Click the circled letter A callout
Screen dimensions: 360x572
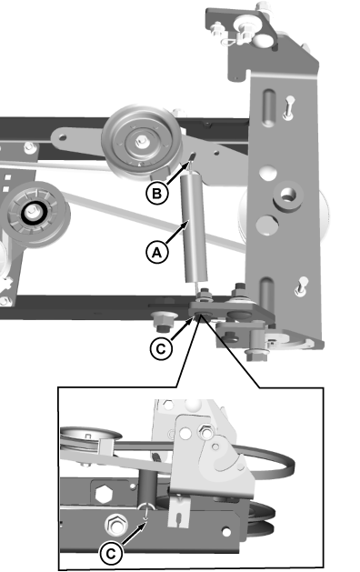[157, 253]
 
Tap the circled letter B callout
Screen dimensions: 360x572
[157, 193]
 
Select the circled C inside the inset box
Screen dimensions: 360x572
[111, 554]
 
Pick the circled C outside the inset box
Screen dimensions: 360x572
[161, 348]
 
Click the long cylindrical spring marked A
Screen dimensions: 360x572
[195, 227]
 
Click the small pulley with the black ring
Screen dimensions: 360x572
[35, 214]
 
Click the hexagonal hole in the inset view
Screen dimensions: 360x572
[104, 495]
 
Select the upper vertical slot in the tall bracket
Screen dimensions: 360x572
[268, 107]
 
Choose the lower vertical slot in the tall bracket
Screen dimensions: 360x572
[267, 295]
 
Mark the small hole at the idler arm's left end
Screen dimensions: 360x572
[63, 137]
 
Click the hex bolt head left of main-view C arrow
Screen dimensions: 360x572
[161, 323]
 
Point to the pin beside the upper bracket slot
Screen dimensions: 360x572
[289, 106]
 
